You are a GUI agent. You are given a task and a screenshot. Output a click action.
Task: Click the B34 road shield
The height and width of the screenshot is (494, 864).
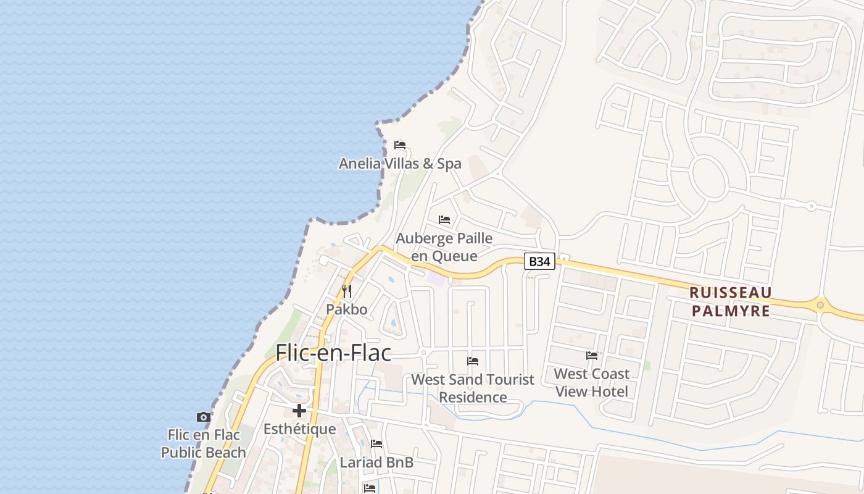click(x=539, y=261)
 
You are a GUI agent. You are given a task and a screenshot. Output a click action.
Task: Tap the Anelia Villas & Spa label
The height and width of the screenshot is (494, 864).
click(x=400, y=164)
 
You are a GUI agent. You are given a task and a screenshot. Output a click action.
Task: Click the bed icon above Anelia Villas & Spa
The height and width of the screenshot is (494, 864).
click(x=400, y=146)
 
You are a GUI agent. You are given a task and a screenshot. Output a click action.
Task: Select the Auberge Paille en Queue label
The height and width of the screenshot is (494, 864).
click(x=444, y=247)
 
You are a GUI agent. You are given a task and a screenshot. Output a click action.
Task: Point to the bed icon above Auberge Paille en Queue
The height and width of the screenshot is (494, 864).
click(x=444, y=220)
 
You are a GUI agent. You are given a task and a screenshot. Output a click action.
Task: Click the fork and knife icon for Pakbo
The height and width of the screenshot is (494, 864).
click(x=347, y=291)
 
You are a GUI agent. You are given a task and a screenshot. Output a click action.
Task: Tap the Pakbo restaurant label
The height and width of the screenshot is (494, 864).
click(x=347, y=309)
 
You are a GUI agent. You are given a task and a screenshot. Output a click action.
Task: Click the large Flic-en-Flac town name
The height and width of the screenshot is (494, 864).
click(x=333, y=353)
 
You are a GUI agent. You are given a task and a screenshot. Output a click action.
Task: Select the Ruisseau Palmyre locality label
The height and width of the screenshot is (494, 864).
click(x=731, y=301)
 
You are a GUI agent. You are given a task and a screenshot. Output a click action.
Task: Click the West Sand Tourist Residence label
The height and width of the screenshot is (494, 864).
click(x=473, y=388)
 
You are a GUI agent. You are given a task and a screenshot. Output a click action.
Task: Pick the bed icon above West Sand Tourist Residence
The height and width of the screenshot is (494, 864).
click(x=473, y=361)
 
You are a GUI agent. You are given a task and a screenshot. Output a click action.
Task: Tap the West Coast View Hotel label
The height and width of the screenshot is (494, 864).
click(x=591, y=382)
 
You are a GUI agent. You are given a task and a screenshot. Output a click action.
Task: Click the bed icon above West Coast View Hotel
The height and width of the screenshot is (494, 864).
click(x=592, y=356)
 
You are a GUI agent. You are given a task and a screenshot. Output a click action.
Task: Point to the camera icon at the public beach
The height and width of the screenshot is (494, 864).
click(x=203, y=417)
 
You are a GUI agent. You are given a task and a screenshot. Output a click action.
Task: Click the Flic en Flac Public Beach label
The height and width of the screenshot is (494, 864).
click(x=203, y=443)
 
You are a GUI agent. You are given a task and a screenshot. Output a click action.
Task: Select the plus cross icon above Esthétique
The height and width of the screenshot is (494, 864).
click(x=299, y=411)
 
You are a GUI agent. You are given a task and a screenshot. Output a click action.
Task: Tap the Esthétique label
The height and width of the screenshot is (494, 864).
click(x=299, y=429)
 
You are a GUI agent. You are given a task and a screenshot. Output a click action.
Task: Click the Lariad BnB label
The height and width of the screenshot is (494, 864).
click(x=376, y=462)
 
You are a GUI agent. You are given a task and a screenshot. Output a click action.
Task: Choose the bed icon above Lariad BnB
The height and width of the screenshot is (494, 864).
click(x=376, y=444)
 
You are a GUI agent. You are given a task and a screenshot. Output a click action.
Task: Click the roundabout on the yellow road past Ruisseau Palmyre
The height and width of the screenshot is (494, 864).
click(x=820, y=304)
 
